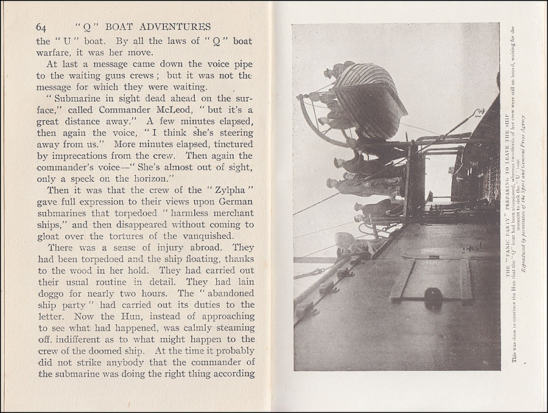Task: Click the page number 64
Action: coord(41,27)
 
